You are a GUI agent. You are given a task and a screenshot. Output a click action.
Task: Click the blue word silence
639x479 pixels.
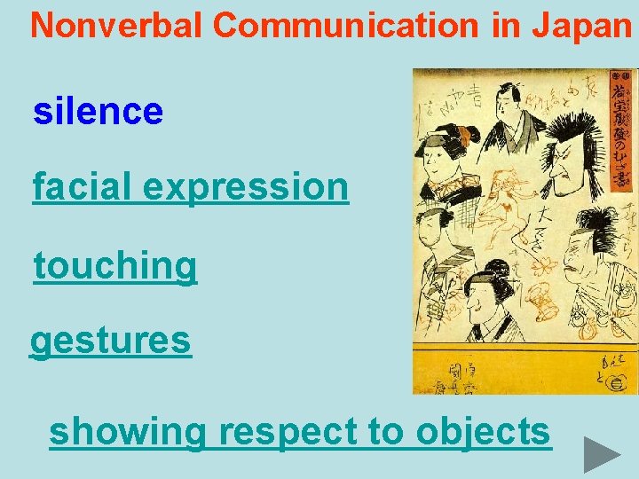tap(99, 112)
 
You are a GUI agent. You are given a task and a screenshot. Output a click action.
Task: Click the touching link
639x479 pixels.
tap(115, 265)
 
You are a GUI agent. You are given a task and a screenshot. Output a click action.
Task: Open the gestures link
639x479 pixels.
tap(111, 341)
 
